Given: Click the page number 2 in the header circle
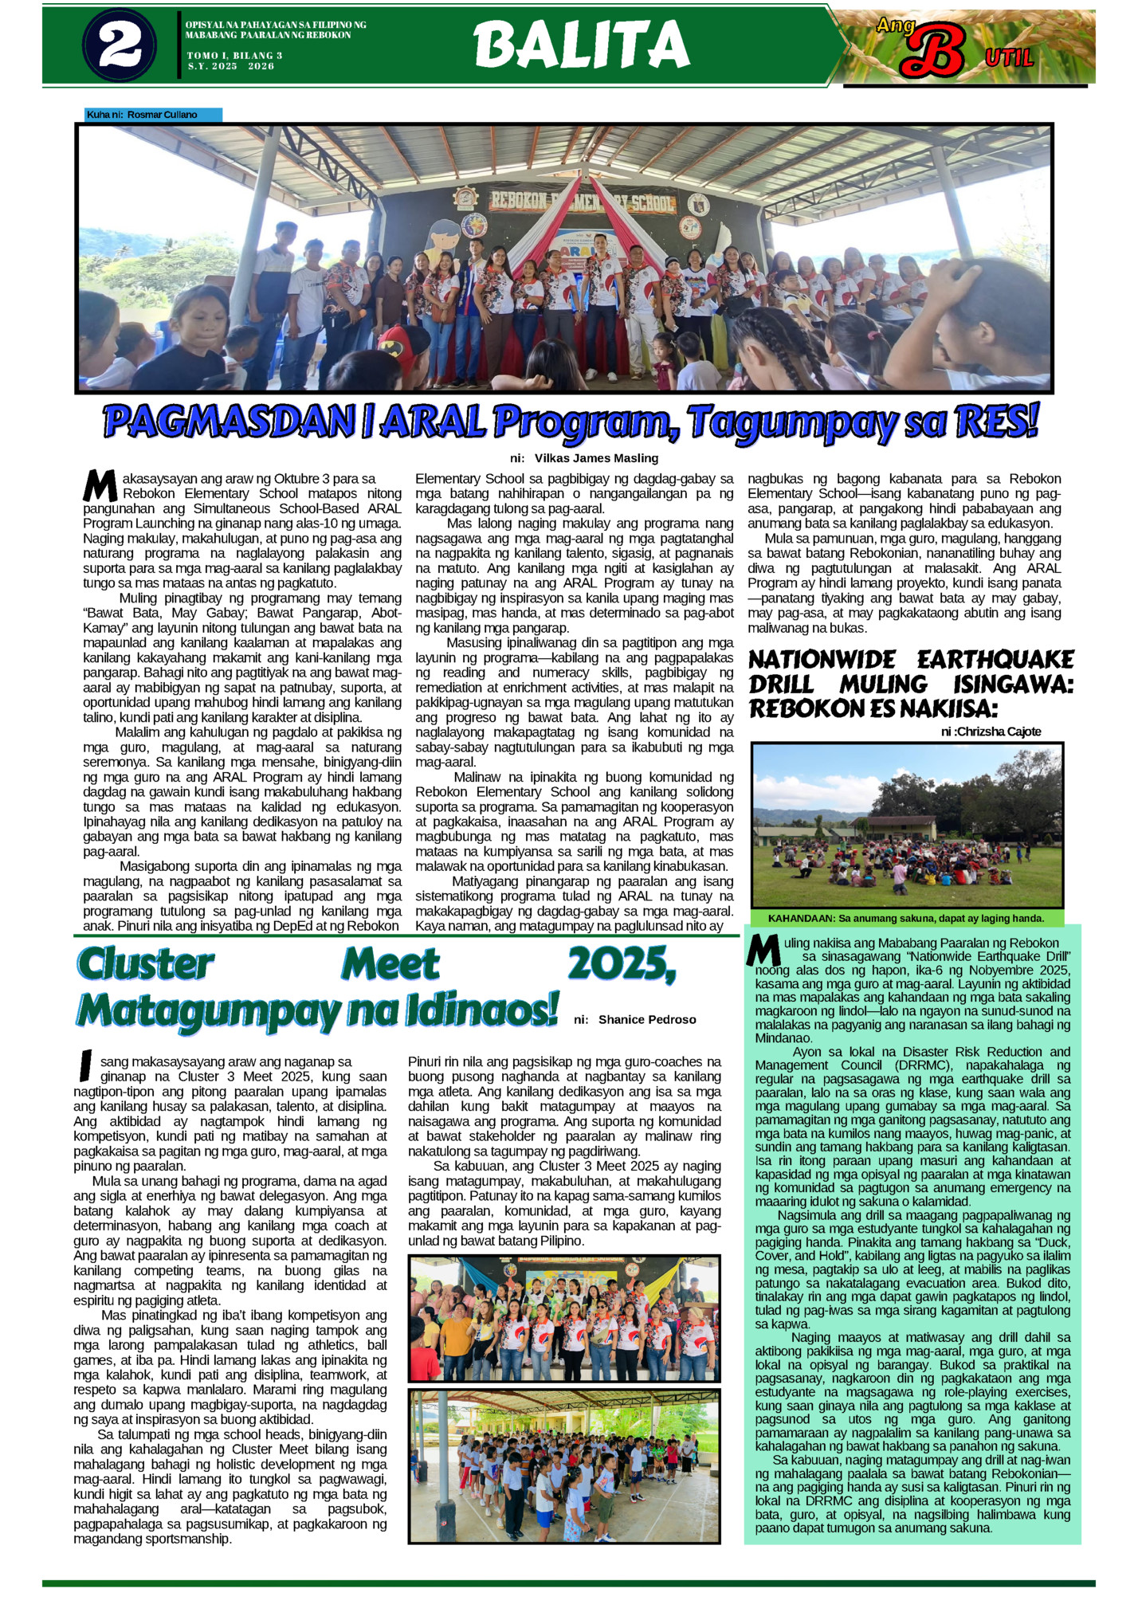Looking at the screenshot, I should (120, 45).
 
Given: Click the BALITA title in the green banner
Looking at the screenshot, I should (581, 45).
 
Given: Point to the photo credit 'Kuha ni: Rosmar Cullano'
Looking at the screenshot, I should (143, 115).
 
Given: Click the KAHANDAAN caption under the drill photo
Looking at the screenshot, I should (906, 918).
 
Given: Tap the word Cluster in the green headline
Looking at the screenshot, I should (146, 964).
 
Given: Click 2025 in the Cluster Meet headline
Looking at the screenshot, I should (622, 964).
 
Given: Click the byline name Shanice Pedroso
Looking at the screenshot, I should (647, 1020).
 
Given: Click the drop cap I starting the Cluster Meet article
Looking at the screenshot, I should (85, 1066).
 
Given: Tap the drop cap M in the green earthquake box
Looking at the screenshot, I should (764, 950).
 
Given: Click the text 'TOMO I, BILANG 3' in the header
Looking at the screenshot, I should (235, 56).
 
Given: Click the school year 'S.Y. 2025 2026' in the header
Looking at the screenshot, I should (231, 66).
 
